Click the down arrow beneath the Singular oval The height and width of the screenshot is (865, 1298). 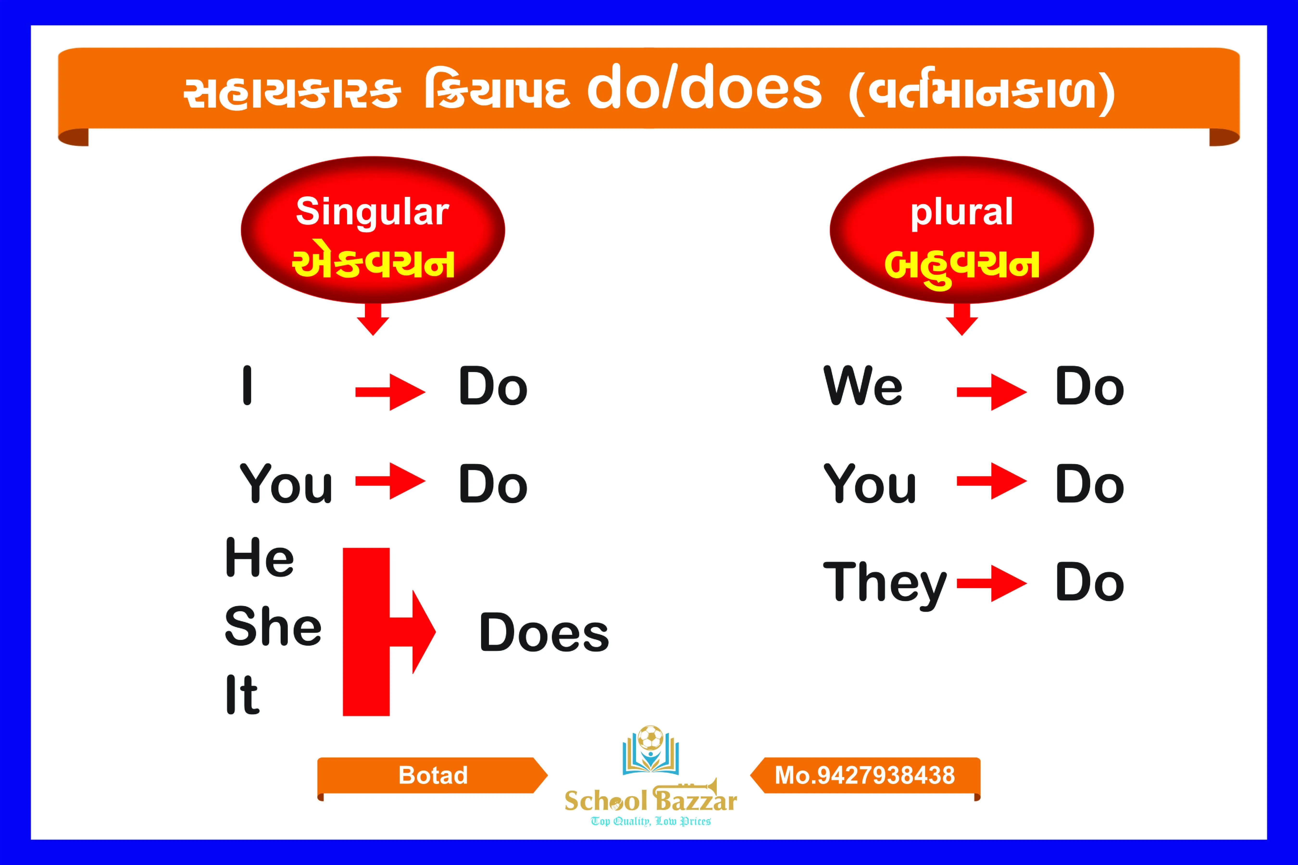point(373,320)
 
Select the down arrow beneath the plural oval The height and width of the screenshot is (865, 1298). point(961,320)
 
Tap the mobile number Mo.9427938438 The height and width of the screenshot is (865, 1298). point(864,775)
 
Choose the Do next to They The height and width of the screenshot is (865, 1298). point(1089,583)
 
